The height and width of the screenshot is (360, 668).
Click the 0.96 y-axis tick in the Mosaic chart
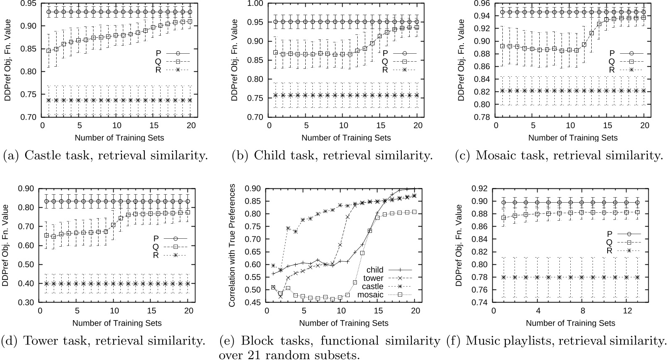point(482,3)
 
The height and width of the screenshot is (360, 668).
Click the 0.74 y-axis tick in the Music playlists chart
point(482,302)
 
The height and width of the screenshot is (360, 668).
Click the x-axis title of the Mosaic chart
point(573,138)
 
